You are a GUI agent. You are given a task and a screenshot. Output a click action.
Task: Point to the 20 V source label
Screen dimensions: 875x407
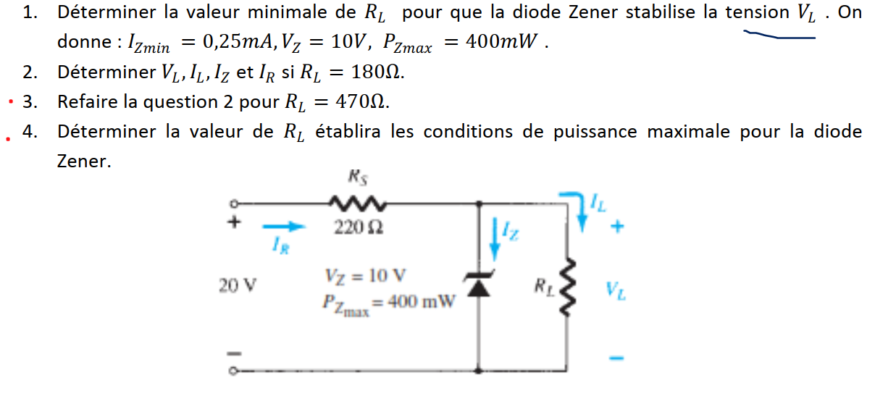(237, 285)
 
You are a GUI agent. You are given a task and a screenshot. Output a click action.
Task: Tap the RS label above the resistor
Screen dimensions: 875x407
(356, 175)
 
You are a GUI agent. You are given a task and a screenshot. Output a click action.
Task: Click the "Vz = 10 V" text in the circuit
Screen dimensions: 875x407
(366, 276)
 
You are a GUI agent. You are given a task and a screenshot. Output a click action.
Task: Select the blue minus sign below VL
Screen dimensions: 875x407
(616, 357)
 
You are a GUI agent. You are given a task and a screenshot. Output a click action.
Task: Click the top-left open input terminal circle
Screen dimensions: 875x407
(234, 205)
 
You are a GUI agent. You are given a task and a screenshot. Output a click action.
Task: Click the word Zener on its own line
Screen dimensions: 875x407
(84, 161)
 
